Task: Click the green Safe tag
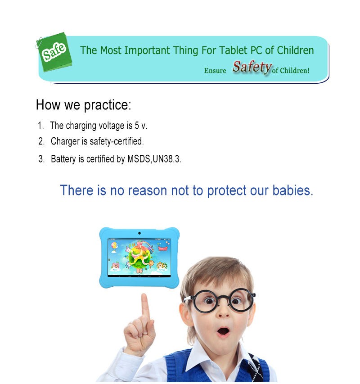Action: click(54, 52)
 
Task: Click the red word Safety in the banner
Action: click(252, 67)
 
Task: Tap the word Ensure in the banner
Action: click(215, 71)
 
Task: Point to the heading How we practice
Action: click(83, 105)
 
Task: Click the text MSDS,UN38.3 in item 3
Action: click(154, 159)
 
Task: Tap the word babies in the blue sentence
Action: click(292, 190)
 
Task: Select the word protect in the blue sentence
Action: click(227, 191)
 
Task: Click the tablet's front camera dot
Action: click(139, 233)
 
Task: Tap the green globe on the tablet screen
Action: click(138, 257)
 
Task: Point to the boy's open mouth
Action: click(223, 332)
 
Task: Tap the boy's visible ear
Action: click(185, 316)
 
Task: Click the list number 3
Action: click(41, 159)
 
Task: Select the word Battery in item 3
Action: click(63, 159)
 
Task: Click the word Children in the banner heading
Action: click(295, 50)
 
